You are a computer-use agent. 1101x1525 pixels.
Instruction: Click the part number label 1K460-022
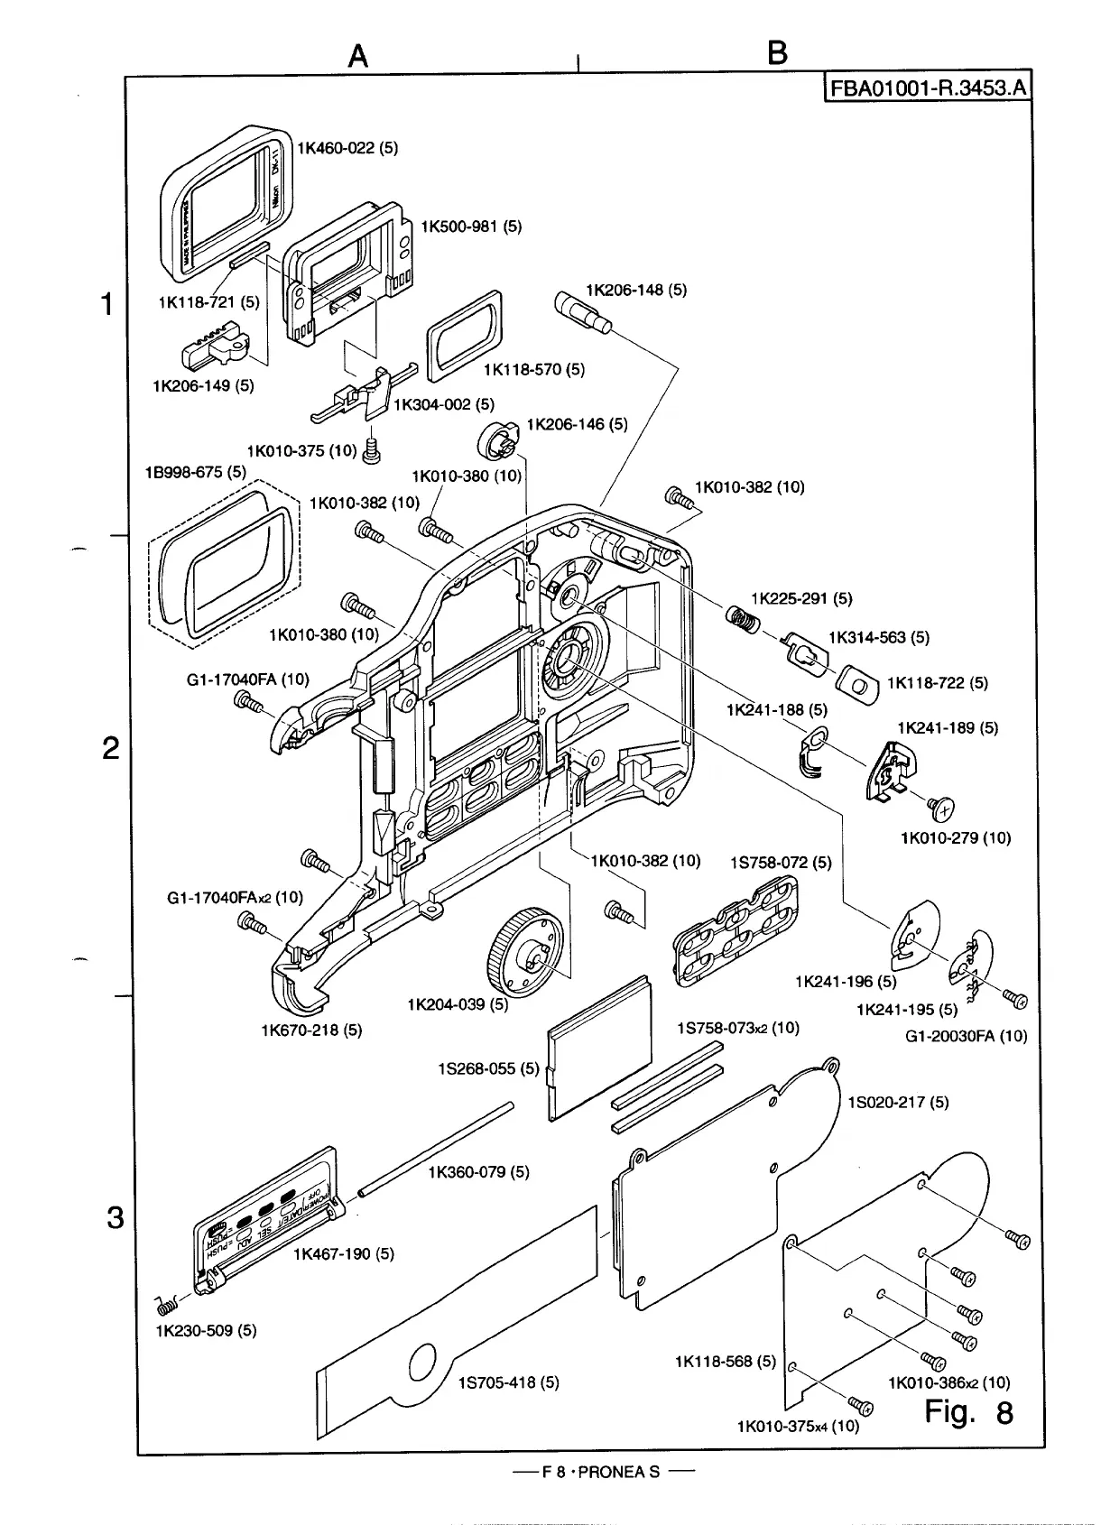(x=347, y=148)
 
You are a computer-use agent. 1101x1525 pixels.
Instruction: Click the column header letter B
(x=777, y=54)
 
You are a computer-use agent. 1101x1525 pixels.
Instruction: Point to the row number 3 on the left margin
(x=115, y=1217)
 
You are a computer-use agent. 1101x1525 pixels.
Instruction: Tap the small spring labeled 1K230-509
(x=167, y=1305)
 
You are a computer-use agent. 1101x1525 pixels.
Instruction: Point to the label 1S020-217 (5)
(x=898, y=1102)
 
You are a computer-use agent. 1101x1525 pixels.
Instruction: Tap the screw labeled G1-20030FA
(x=1017, y=1000)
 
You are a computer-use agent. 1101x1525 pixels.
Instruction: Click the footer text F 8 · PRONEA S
(x=601, y=1473)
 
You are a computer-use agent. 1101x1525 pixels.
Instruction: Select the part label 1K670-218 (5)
(x=311, y=1030)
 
